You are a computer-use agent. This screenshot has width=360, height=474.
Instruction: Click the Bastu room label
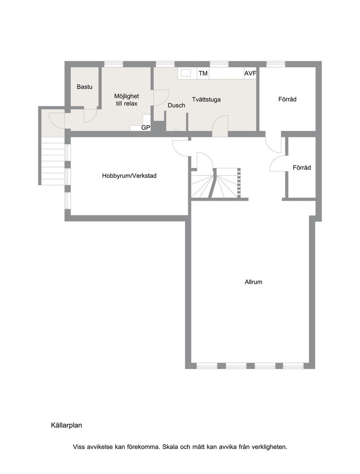click(x=85, y=87)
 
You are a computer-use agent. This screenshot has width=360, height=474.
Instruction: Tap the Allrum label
click(x=254, y=282)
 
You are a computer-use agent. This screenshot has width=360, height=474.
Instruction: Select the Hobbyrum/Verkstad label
click(x=129, y=176)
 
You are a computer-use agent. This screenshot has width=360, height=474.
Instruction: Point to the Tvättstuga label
click(x=206, y=99)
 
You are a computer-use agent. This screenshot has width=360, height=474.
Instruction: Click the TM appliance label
click(x=203, y=73)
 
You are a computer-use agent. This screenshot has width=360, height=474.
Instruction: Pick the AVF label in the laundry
click(x=250, y=73)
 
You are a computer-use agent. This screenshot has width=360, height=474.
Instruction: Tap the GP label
click(x=145, y=128)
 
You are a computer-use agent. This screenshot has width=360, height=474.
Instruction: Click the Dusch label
click(x=176, y=106)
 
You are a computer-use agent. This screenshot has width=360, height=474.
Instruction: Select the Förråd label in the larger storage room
click(x=288, y=99)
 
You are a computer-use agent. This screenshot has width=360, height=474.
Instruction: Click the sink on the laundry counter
click(x=186, y=73)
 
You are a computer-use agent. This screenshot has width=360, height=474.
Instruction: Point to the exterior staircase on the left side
click(x=53, y=161)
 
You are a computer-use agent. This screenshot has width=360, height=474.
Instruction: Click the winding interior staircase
click(x=216, y=183)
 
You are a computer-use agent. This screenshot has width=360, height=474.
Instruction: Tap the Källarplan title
click(x=66, y=425)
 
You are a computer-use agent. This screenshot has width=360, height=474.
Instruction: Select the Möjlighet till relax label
click(x=127, y=99)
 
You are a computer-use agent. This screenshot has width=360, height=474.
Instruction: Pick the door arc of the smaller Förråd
click(x=276, y=164)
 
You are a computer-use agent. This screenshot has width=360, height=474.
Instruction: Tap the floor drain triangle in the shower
click(x=176, y=129)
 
